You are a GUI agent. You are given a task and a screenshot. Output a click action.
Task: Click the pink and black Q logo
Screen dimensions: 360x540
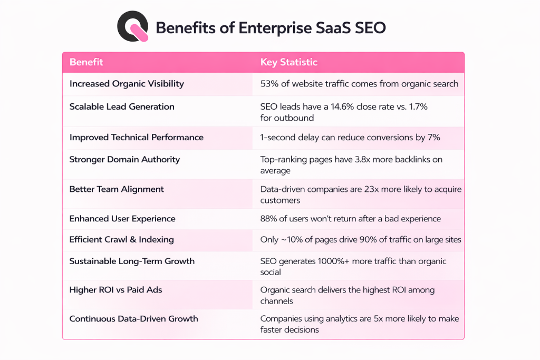pyautogui.click(x=133, y=26)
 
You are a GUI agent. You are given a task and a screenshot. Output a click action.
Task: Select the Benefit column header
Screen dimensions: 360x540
pyautogui.click(x=86, y=62)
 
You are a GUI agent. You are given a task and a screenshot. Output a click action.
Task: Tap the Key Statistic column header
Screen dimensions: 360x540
pyautogui.click(x=289, y=62)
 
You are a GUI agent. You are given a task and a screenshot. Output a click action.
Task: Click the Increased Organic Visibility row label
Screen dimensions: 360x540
pyautogui.click(x=127, y=84)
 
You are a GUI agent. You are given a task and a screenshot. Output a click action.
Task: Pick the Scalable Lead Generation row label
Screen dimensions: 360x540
pyautogui.click(x=122, y=106)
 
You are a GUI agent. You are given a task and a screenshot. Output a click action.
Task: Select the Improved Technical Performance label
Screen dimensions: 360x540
pyautogui.click(x=136, y=137)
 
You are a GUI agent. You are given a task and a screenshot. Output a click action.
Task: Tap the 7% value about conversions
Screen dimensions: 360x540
pyautogui.click(x=434, y=137)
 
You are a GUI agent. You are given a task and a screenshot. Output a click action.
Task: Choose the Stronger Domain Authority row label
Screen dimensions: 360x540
pyautogui.click(x=124, y=159)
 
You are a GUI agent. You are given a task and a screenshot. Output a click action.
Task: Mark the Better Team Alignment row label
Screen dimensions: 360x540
pyautogui.click(x=117, y=189)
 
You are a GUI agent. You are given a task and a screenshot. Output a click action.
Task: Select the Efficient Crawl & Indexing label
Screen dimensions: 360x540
pyautogui.click(x=121, y=239)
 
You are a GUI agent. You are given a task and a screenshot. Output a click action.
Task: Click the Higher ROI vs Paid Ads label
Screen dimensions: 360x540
pyautogui.click(x=116, y=290)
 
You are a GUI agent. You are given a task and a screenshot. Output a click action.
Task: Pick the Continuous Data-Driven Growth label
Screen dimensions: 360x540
pyautogui.click(x=133, y=318)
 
